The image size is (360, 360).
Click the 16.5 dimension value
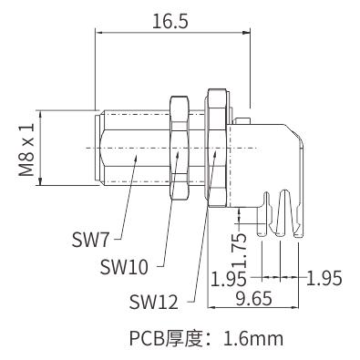click(x=170, y=21)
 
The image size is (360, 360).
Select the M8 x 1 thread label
click(x=26, y=149)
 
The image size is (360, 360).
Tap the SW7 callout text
click(x=90, y=239)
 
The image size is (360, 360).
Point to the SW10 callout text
click(x=124, y=267)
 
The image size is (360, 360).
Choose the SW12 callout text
click(x=153, y=302)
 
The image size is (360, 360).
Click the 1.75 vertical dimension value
click(x=242, y=251)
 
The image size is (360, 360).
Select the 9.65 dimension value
click(x=253, y=298)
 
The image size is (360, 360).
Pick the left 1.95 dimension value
click(x=229, y=279)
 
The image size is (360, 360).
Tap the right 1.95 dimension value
click(x=324, y=278)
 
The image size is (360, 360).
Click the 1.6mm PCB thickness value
click(x=253, y=338)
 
